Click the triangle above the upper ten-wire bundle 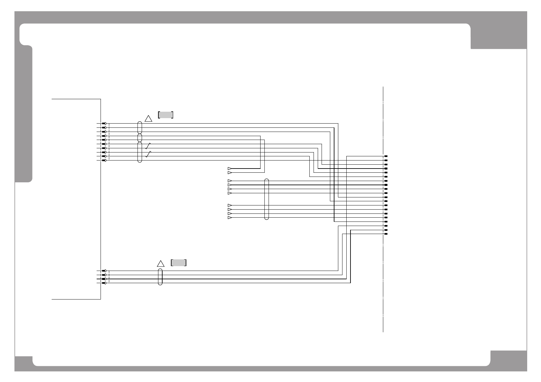148,118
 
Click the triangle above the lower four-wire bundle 161,264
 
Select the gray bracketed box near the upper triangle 166,115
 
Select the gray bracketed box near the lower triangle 179,262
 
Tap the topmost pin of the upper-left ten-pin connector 104,124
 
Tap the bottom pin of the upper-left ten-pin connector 104,160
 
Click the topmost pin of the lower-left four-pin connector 104,271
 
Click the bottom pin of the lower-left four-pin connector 104,283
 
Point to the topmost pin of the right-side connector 386,156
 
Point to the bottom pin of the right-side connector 386,234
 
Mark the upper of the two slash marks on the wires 148,146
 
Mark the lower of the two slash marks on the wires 148,154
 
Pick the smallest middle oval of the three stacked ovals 139,138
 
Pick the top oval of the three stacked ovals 139,127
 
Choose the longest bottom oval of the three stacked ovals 139,152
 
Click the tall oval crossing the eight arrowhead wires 266,199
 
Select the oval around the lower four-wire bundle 160,277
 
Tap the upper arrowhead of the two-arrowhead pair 229,169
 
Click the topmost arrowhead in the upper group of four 229,181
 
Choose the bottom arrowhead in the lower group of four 229,218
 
